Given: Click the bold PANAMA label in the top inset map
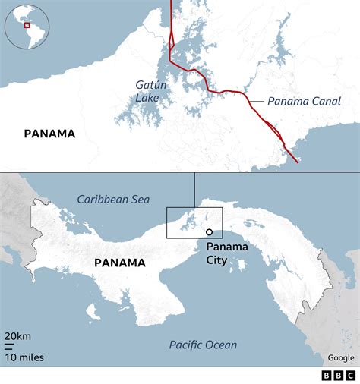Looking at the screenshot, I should pos(49,134).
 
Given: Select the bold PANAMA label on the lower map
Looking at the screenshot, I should pos(119,263).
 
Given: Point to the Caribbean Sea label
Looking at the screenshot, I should pos(112,199).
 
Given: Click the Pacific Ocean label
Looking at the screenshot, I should pos(203,345).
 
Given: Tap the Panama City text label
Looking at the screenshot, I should pos(222,253).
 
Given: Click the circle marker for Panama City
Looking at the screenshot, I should pos(209,233).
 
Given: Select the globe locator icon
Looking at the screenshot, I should pos(27,27).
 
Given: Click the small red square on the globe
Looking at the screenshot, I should pos(27,24).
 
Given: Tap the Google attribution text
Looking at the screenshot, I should pos(340,357).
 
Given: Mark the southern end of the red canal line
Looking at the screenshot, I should pos(295,160).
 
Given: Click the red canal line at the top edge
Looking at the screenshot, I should pos(171,3).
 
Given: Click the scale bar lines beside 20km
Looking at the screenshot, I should pos(7,345).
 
